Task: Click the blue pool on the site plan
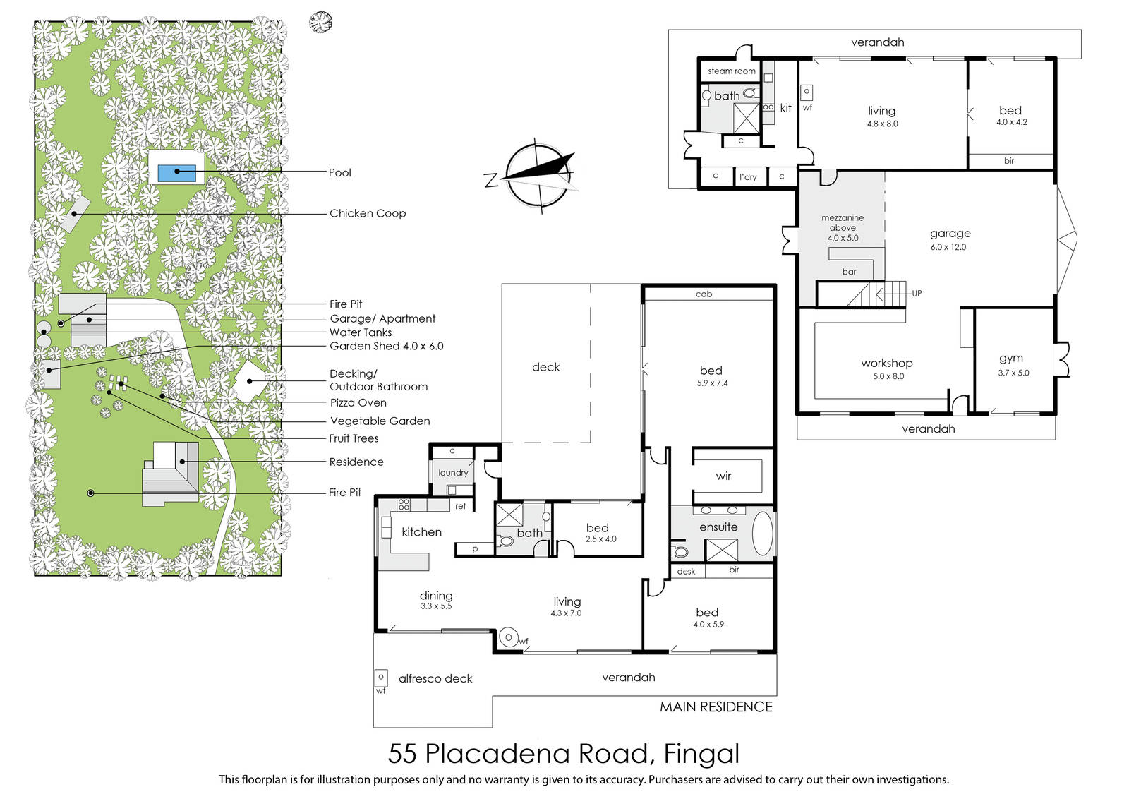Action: [177, 173]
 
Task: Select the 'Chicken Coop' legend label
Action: [368, 213]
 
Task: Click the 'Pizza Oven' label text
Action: [358, 403]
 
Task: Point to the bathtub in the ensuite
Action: [762, 534]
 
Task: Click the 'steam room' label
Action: [731, 71]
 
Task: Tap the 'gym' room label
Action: [1011, 359]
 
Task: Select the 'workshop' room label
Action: [886, 363]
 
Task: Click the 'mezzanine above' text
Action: [843, 222]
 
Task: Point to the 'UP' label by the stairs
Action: [917, 294]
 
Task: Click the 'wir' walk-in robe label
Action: [723, 476]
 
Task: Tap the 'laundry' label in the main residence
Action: [453, 473]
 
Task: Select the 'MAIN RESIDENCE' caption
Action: [716, 707]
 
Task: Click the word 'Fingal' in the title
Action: [701, 754]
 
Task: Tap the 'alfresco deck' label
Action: [435, 678]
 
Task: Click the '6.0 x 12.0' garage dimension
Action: [948, 247]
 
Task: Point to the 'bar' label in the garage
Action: [850, 272]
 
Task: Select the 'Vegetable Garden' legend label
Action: [380, 421]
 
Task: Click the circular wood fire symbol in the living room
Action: [509, 637]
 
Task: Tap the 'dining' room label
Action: [436, 596]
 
